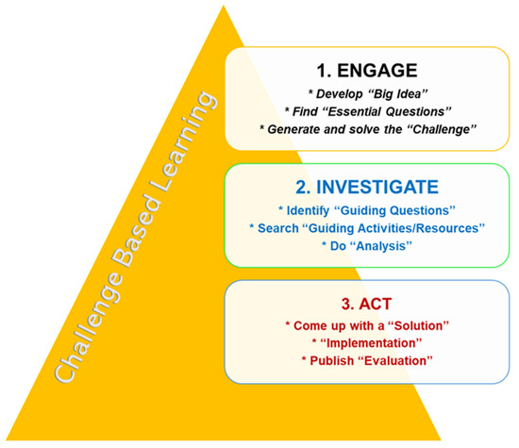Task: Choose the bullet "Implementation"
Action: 372,343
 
